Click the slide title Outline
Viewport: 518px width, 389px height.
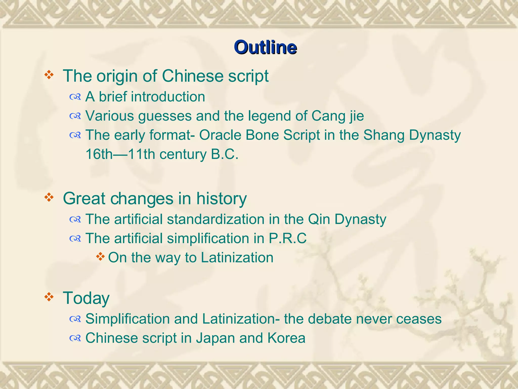265,47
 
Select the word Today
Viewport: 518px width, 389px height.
86,298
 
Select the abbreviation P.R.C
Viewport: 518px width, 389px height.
288,238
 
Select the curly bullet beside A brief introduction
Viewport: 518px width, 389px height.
75,97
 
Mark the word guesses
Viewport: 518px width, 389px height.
165,116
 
